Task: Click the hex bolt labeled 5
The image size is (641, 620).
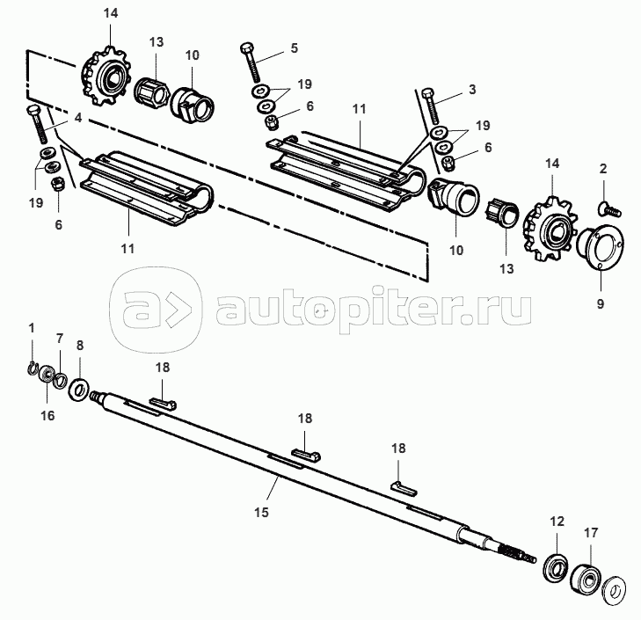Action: click(x=251, y=62)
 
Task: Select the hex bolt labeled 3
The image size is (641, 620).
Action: click(x=430, y=106)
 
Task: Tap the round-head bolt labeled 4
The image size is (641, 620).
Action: click(x=38, y=124)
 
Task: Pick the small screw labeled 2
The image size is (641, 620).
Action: click(x=610, y=208)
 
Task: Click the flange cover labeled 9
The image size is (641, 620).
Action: click(x=600, y=246)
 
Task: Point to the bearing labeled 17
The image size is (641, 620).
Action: click(x=585, y=579)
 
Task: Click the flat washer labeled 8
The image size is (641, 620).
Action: click(x=79, y=390)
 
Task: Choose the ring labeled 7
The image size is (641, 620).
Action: click(x=61, y=380)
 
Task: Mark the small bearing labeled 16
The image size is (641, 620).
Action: click(x=47, y=375)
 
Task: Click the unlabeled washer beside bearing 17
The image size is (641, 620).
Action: click(x=615, y=591)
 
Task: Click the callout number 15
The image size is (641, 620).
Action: click(x=262, y=512)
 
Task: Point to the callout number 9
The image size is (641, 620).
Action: click(x=601, y=304)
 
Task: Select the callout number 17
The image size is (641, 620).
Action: click(x=591, y=532)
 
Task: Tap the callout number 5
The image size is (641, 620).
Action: click(x=295, y=47)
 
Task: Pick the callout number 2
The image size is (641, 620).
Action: click(x=603, y=168)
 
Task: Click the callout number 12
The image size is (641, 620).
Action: click(x=557, y=521)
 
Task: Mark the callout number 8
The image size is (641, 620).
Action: click(x=80, y=345)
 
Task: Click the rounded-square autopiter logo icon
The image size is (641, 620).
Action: click(x=157, y=309)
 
